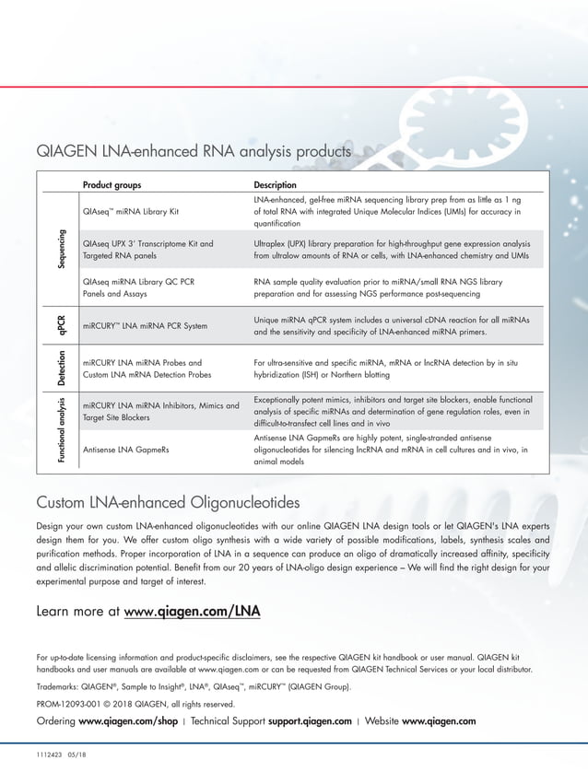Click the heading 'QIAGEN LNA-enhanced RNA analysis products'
point(194,150)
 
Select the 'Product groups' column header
point(112,184)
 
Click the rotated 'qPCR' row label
point(61,325)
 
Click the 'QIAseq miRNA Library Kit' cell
point(130,212)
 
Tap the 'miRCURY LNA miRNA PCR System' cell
point(145,326)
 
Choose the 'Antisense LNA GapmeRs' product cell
point(125,450)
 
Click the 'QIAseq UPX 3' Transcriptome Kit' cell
point(147,244)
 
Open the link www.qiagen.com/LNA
point(193,611)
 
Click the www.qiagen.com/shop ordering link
point(128,720)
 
